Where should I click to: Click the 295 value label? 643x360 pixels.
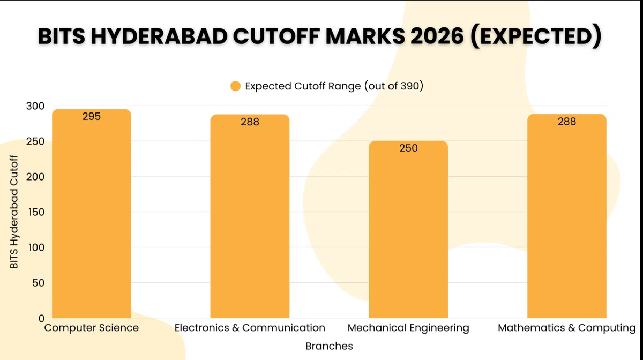pyautogui.click(x=92, y=116)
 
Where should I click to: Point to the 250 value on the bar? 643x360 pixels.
pyautogui.click(x=408, y=148)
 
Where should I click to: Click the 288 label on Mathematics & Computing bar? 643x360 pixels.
pyautogui.click(x=567, y=122)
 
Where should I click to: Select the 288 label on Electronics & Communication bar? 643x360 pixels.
pyautogui.click(x=250, y=122)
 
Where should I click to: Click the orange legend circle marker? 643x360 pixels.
pyautogui.click(x=235, y=86)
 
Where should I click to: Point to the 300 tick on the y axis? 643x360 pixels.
pyautogui.click(x=35, y=106)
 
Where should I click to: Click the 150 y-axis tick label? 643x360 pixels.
pyautogui.click(x=35, y=212)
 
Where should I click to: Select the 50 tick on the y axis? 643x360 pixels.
pyautogui.click(x=38, y=283)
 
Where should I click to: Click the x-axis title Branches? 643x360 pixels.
pyautogui.click(x=329, y=346)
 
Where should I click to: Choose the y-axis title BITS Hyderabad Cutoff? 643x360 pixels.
pyautogui.click(x=14, y=212)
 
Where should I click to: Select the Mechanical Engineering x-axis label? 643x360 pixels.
pyautogui.click(x=408, y=328)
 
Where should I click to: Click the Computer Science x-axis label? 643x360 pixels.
pyautogui.click(x=92, y=328)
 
